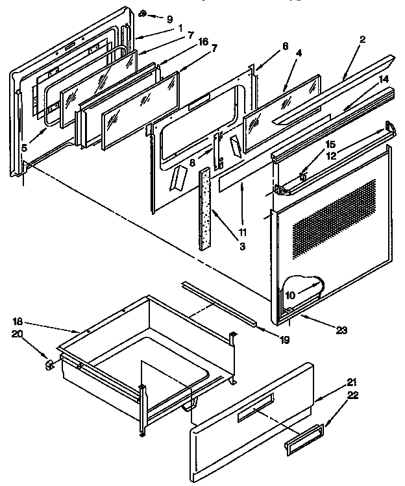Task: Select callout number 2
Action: (362, 40)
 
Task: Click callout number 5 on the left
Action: (24, 148)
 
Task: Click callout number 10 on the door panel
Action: (290, 295)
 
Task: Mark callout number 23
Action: (342, 330)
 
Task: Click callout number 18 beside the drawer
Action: (18, 322)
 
